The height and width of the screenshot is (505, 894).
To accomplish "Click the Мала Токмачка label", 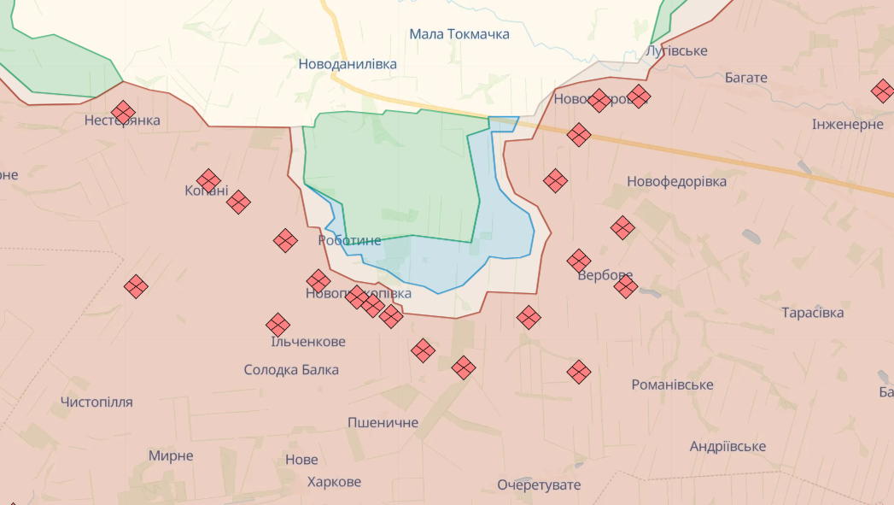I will pyautogui.click(x=459, y=34).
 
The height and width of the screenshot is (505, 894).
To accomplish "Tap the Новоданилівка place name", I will pyautogui.click(x=348, y=64).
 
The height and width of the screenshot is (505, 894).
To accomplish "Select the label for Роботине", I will pyautogui.click(x=349, y=241).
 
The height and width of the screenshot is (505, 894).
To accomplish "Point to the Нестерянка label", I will pyautogui.click(x=122, y=120).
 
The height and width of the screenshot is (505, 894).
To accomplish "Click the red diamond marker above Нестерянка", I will pyautogui.click(x=124, y=112).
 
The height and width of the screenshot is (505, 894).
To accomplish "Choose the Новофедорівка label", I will pyautogui.click(x=676, y=182).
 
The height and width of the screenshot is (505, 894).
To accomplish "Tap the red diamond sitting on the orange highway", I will pyautogui.click(x=579, y=134).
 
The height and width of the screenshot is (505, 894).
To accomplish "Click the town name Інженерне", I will pyautogui.click(x=847, y=125).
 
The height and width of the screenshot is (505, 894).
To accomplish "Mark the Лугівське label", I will pyautogui.click(x=676, y=51).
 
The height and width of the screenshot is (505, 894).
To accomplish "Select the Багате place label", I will pyautogui.click(x=745, y=78).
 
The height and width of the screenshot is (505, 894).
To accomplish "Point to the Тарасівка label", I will pyautogui.click(x=812, y=313).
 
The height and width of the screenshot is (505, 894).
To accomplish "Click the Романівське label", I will pyautogui.click(x=672, y=385).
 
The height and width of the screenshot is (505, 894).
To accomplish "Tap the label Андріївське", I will pyautogui.click(x=727, y=447).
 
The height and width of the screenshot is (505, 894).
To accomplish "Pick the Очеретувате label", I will pyautogui.click(x=539, y=485).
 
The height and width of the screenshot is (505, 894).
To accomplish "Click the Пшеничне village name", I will pyautogui.click(x=383, y=423).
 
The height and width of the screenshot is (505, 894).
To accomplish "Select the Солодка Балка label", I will pyautogui.click(x=291, y=370).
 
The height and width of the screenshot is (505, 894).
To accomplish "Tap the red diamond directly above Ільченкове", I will pyautogui.click(x=278, y=325).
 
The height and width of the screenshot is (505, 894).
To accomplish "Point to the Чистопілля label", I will pyautogui.click(x=96, y=402).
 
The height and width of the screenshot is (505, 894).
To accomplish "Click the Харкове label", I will pyautogui.click(x=334, y=482).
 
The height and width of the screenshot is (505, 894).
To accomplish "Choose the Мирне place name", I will pyautogui.click(x=171, y=456).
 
